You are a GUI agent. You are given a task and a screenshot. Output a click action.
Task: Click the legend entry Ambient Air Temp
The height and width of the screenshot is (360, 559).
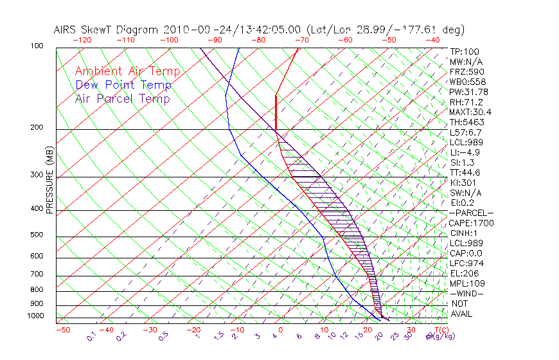[x=127, y=72]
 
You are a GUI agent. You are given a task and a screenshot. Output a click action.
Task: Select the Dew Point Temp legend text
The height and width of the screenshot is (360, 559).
[x=123, y=85]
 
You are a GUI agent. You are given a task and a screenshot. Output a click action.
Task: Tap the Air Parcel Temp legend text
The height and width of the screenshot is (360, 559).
[x=122, y=99]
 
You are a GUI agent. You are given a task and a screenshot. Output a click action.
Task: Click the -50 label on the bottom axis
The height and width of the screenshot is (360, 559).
[x=63, y=330]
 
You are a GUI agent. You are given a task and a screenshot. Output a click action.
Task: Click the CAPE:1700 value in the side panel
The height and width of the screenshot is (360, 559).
[x=470, y=223]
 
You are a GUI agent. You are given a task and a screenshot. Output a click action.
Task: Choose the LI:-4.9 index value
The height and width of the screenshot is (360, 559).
[x=465, y=152]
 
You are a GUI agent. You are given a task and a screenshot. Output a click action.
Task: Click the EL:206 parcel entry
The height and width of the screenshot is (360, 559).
[x=465, y=273]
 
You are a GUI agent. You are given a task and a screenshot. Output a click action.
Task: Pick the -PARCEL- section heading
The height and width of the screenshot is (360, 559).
[x=471, y=213]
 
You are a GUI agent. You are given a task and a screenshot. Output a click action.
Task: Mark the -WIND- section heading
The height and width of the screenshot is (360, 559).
[x=467, y=293]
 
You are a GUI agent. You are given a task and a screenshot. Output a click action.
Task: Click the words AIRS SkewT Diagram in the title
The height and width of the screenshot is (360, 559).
[x=107, y=30]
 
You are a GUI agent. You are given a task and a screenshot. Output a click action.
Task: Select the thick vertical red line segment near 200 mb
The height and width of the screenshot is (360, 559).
[x=276, y=113]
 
